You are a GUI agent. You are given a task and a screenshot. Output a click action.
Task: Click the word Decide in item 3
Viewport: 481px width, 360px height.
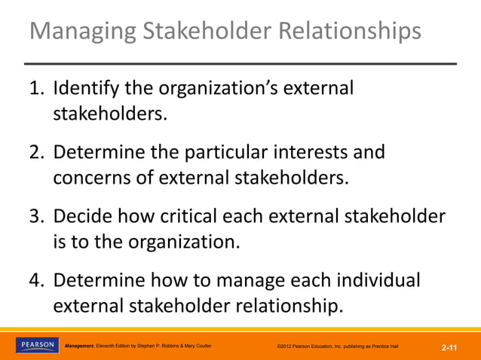pos(78,218)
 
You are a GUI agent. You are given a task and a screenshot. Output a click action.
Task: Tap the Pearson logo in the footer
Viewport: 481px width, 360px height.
pos(36,345)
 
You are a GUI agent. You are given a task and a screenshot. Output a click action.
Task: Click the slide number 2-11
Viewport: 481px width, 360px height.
pos(450,347)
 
